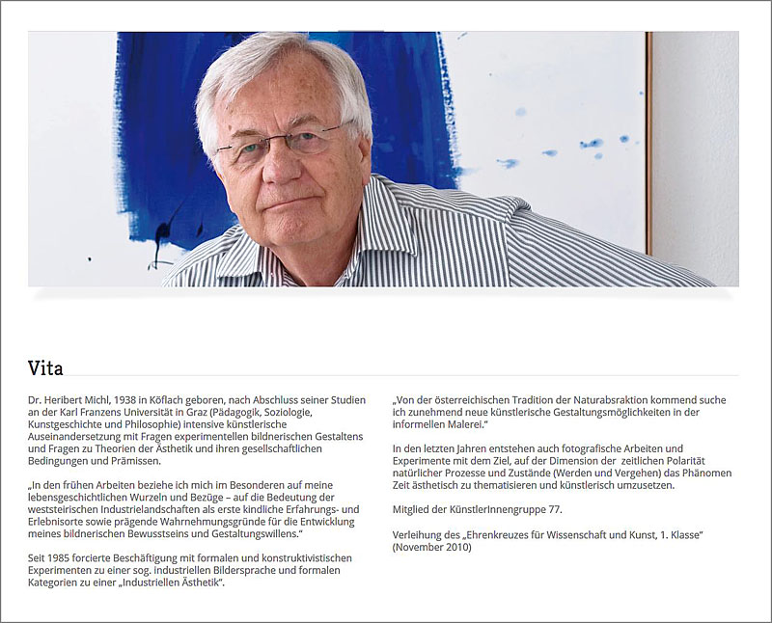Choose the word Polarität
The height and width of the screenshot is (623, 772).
coord(703,461)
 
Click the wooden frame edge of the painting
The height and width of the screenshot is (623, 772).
coord(648,145)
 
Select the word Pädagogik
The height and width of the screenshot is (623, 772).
coord(243,412)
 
